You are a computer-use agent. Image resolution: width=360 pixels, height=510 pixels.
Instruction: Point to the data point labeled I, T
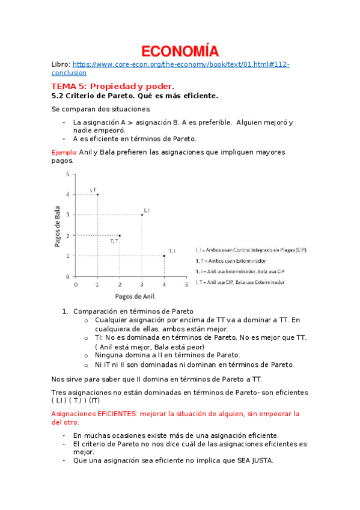coord(97,194)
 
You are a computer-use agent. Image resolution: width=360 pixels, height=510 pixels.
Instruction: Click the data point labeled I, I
coord(142,215)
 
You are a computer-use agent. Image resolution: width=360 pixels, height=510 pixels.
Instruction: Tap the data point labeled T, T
coord(120,235)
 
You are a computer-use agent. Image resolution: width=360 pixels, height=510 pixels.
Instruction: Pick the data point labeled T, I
coord(164,256)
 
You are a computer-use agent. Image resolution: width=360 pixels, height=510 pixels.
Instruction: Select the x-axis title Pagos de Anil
coord(131,296)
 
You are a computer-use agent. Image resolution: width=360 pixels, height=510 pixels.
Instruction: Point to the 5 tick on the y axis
coord(68,174)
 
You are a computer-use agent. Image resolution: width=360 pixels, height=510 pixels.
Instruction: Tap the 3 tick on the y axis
coord(68,215)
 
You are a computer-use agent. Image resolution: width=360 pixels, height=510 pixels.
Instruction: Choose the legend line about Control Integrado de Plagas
coord(251,250)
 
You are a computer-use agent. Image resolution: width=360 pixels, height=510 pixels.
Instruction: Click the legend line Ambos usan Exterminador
coord(231,261)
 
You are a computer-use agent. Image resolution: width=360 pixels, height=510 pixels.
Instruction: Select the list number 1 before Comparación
coord(65,312)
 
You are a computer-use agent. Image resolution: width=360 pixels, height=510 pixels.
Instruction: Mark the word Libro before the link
coord(61,64)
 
